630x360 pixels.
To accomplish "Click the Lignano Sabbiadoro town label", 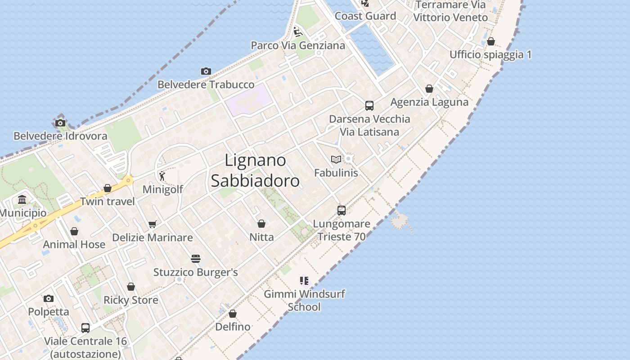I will click(x=255, y=171).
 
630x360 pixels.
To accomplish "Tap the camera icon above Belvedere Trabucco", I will click(x=206, y=71).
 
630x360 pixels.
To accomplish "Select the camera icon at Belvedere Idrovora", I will click(x=60, y=123).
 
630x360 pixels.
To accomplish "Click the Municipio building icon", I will click(x=22, y=199).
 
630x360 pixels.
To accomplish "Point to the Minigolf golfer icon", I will click(x=162, y=176).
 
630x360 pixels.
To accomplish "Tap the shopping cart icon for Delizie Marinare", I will click(x=153, y=224).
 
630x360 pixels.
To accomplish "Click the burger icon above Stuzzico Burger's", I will click(x=195, y=259).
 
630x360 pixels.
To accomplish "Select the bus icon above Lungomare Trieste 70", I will click(x=341, y=210).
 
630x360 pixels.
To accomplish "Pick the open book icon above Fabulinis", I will click(x=336, y=159).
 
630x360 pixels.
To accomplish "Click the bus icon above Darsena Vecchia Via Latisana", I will click(x=369, y=106).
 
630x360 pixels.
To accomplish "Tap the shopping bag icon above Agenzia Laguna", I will click(x=429, y=89).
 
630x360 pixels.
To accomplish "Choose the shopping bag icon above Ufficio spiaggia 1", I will click(x=490, y=41).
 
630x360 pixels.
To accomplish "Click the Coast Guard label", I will click(x=365, y=16).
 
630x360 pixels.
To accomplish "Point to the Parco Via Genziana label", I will click(x=298, y=45).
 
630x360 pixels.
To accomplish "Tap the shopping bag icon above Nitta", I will click(x=261, y=224).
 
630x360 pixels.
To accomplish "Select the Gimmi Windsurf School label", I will click(x=304, y=300).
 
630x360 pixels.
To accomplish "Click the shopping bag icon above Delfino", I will click(x=232, y=314).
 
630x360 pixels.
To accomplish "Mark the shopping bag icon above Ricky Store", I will click(x=131, y=287).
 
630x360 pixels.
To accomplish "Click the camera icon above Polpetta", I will click(x=49, y=298).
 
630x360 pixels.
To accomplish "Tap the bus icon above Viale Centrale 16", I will click(x=85, y=328).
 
